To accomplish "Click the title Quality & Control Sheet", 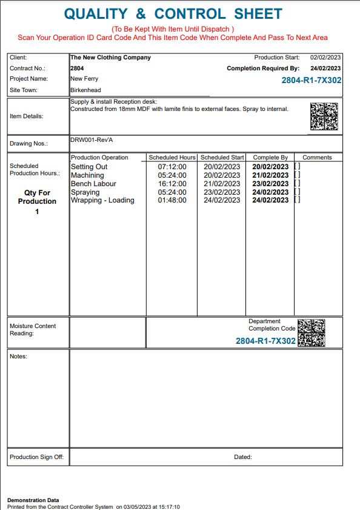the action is coord(173,14).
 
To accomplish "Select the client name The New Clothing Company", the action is coord(110,58).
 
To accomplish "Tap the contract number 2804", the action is coord(77,69).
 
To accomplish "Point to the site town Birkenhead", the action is coord(85,90).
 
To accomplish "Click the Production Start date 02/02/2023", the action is coord(325,57).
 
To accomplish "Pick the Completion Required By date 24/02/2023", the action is coord(325,69).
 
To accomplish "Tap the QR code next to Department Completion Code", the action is coord(312,332).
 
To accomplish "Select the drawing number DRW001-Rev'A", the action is coord(92,140).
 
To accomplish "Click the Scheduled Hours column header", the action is coord(172,158).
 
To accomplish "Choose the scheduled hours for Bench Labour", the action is coord(172,184).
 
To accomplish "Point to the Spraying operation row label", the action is coord(85,192).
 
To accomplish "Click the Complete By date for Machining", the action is coord(270,175).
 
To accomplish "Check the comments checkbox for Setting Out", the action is coord(297,167).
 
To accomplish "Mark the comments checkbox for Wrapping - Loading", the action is coord(297,200).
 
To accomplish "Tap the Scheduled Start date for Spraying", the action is coord(222,192).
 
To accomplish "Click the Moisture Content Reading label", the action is coord(33,329).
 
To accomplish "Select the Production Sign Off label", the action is coord(36,457).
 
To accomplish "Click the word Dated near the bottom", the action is coord(242,457).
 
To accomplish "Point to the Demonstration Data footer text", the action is coord(33,500).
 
